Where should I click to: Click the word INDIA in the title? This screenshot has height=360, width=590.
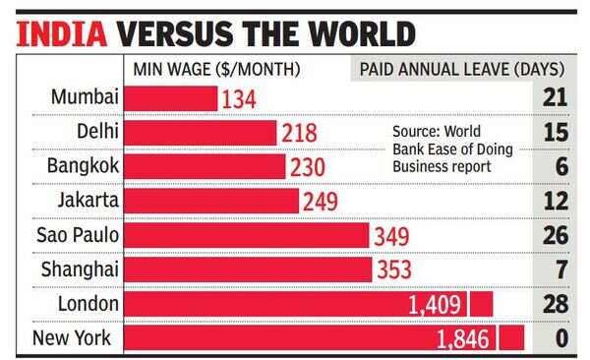tap(61, 32)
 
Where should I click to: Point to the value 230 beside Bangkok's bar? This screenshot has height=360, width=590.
tap(307, 167)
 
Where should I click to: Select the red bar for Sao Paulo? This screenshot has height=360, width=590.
tap(247, 235)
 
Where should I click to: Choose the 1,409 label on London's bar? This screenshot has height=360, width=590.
tap(437, 304)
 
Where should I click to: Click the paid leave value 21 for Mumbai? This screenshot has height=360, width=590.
tap(556, 98)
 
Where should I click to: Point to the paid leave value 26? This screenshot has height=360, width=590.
tap(556, 235)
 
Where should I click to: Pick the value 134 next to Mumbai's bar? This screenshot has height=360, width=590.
tap(239, 99)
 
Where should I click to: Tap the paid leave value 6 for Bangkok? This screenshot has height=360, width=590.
tap(561, 167)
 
